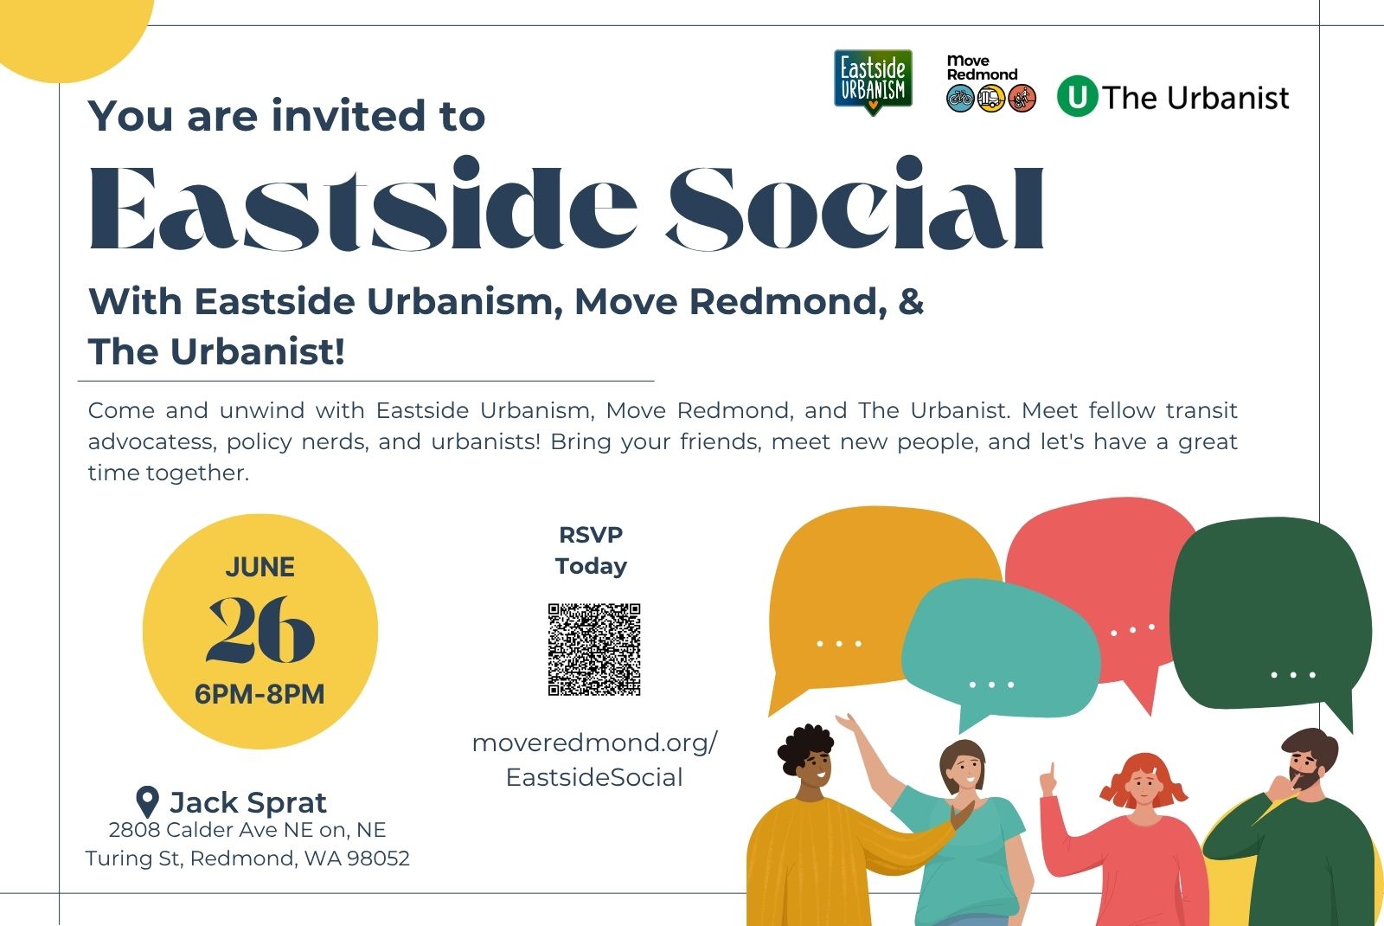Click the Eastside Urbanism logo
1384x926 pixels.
coord(873,82)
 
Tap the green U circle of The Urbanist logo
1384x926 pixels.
coord(1078,96)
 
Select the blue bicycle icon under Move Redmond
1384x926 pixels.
coord(960,99)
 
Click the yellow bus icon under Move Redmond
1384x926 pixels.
coord(991,99)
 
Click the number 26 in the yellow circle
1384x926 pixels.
coord(260,630)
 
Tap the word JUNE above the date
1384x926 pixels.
coord(260,567)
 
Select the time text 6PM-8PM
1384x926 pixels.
coord(259,694)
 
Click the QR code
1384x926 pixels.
coord(593,650)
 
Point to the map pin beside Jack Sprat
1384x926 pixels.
coord(147,801)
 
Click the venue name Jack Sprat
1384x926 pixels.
coord(247,802)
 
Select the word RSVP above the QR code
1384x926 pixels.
coord(591,535)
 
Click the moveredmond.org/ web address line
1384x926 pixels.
coord(594,743)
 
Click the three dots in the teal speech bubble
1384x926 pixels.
coord(991,685)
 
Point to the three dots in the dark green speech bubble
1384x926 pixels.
coord(1292,674)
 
